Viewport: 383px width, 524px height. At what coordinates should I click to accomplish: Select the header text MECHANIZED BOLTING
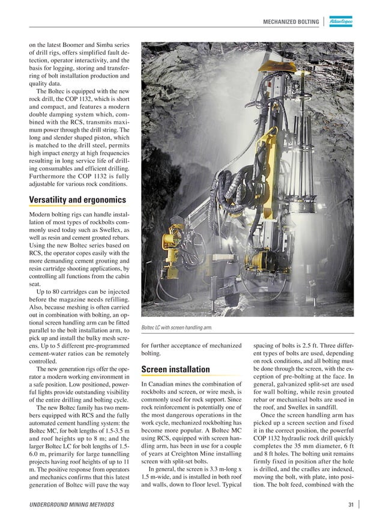click(x=291, y=22)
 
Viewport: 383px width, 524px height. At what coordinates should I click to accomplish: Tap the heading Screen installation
click(x=175, y=369)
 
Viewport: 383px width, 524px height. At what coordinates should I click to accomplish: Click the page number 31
click(x=350, y=504)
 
